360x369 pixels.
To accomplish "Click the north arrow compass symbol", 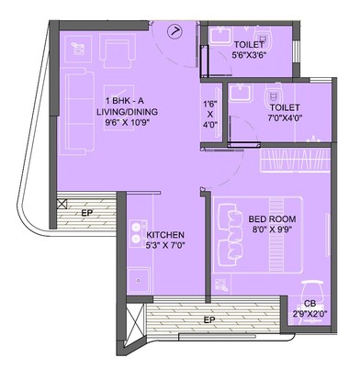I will [x=175, y=30].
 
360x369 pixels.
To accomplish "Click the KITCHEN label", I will [x=166, y=235].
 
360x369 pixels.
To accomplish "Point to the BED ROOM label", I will [x=270, y=218].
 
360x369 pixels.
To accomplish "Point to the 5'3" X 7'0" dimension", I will [x=166, y=247].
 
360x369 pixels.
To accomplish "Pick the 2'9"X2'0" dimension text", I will [x=312, y=313].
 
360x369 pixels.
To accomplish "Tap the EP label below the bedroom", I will [x=208, y=319].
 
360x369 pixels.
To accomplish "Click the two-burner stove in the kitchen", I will [x=137, y=235].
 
